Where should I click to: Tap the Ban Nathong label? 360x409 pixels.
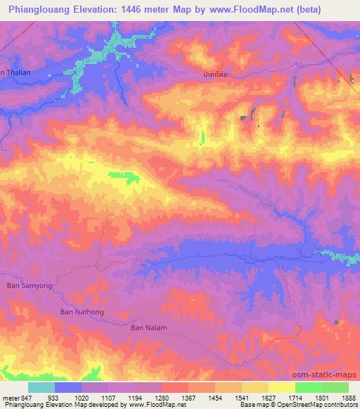[x=82, y=311]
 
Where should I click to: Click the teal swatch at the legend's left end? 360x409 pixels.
[x=41, y=387]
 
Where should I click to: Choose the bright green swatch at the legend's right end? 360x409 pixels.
[x=335, y=387]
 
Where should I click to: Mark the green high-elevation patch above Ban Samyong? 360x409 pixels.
[x=124, y=176]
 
